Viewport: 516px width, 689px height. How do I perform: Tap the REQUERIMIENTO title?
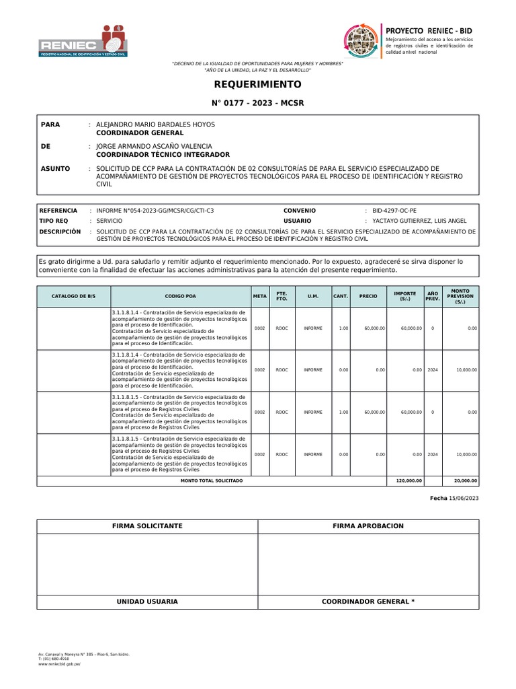[x=257, y=84]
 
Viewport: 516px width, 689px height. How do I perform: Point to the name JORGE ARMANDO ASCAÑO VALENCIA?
[x=154, y=146]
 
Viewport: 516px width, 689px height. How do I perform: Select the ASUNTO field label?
[x=56, y=168]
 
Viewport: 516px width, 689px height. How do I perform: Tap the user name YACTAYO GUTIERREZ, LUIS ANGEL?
[x=415, y=221]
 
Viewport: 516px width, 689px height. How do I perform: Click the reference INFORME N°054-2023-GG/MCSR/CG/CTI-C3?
[x=155, y=211]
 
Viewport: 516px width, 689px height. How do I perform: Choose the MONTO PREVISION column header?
[x=460, y=296]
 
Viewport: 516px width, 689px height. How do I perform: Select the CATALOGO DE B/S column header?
[x=73, y=296]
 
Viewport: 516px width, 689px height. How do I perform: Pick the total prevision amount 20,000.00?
[x=466, y=481]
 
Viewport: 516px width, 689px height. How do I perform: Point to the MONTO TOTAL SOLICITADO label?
[x=212, y=481]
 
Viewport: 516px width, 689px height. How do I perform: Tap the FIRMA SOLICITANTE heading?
[x=147, y=525]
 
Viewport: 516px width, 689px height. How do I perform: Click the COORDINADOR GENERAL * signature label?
[x=368, y=601]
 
